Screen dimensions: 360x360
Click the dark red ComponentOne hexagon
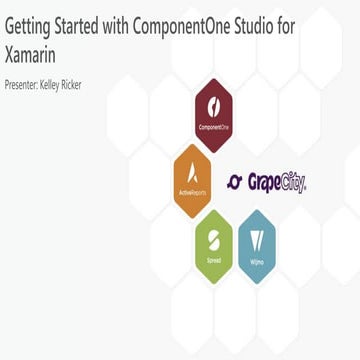point(214,115)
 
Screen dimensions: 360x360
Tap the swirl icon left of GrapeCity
point(236,182)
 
